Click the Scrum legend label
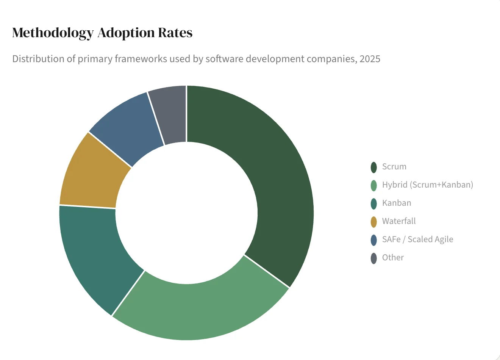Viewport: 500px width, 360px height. point(394,167)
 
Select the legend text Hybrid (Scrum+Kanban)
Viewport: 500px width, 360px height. point(427,185)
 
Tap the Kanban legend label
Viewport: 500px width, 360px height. point(396,203)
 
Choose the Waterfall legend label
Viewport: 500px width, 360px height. point(398,221)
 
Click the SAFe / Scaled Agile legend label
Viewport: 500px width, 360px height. point(417,239)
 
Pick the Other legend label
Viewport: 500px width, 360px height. point(393,258)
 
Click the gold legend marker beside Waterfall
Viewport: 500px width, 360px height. point(373,222)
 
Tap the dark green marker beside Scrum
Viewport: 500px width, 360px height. point(373,167)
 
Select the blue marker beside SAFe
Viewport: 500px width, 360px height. point(373,240)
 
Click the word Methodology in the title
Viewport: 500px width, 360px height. point(53,33)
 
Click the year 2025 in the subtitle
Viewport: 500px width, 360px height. point(370,59)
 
